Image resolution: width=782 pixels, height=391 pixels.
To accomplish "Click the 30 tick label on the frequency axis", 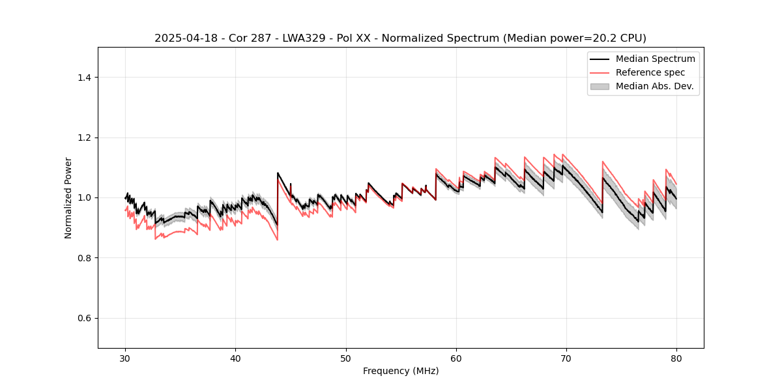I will pyautogui.click(x=126, y=358).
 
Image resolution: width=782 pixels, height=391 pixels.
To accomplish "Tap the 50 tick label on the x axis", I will pyautogui.click(x=346, y=358).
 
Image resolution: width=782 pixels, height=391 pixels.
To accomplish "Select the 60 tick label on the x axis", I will pyautogui.click(x=456, y=358).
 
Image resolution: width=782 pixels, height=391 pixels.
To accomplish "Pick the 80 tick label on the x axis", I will pyautogui.click(x=676, y=358).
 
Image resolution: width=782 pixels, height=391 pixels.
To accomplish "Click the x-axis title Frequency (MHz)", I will pyautogui.click(x=401, y=371).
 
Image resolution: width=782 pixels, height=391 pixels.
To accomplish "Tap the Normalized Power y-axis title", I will pyautogui.click(x=68, y=197).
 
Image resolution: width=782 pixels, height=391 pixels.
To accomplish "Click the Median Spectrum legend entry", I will pyautogui.click(x=655, y=59).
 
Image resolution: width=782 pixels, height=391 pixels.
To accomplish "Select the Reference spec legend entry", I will pyautogui.click(x=650, y=72).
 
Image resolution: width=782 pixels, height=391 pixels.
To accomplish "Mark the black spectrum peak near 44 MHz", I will pyautogui.click(x=278, y=173).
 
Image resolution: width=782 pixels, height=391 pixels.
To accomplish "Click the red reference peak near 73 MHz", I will pyautogui.click(x=603, y=162).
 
